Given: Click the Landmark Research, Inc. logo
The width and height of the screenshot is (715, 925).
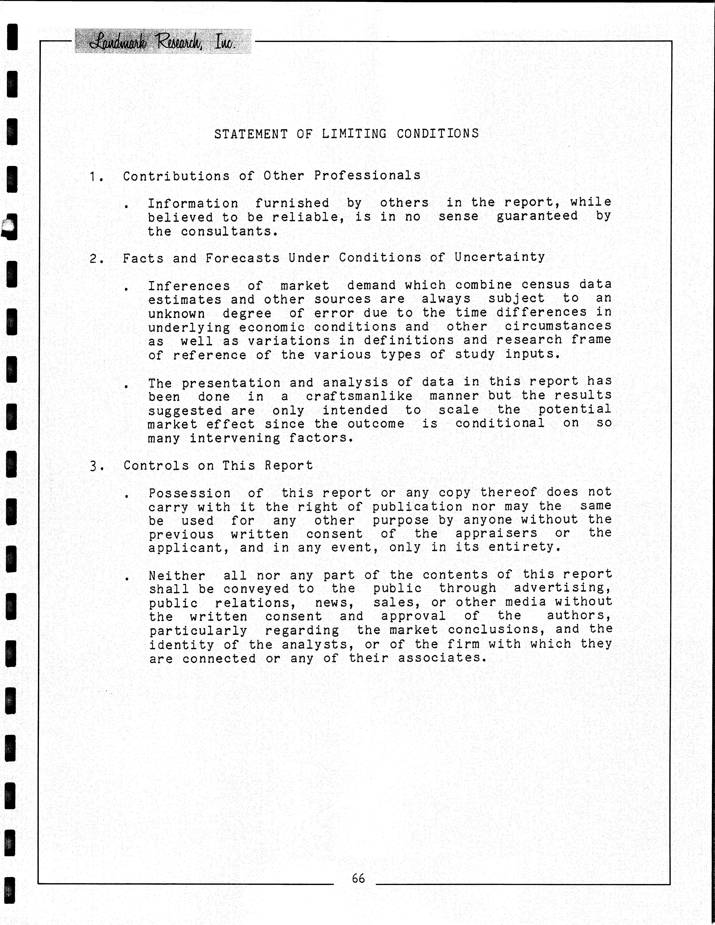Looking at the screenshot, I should [163, 42].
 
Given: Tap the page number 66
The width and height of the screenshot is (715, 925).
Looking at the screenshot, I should [358, 878].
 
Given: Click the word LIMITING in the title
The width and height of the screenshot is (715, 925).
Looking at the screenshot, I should [354, 134].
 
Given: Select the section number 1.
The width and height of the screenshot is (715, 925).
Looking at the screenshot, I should [94, 176].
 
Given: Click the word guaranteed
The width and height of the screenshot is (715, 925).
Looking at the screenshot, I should [537, 216].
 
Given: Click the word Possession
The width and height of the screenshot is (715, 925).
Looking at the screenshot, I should [189, 493].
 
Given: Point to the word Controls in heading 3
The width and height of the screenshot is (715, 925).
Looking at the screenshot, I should [156, 466].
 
